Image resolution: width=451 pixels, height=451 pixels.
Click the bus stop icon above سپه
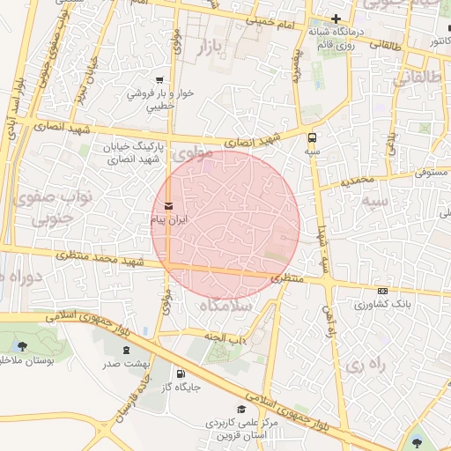click(x=312, y=137)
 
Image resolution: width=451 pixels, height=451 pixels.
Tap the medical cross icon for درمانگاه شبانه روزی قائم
click(x=336, y=18)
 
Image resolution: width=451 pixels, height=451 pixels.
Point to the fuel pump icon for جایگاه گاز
click(x=181, y=373)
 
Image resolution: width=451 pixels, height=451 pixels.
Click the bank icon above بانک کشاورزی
click(x=381, y=291)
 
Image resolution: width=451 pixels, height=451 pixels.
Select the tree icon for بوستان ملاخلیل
click(x=22, y=345)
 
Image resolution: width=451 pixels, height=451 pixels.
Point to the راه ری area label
click(x=363, y=363)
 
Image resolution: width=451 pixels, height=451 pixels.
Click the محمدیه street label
click(x=360, y=181)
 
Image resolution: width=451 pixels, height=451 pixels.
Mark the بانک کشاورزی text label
click(x=376, y=305)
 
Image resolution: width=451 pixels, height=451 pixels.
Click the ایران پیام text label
click(x=169, y=220)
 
